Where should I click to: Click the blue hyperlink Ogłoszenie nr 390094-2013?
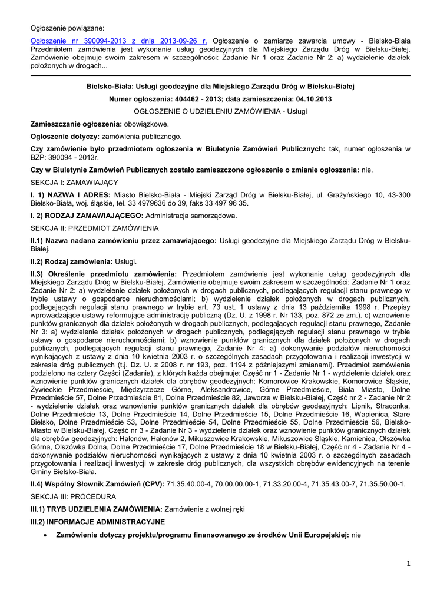(118, 41)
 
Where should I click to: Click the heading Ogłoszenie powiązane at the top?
(67, 28)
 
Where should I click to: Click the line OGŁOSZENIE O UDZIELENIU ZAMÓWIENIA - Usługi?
(220, 111)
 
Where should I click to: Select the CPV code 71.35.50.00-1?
(380, 484)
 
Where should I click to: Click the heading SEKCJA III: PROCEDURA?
(74, 496)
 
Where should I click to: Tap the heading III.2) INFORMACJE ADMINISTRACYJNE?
(98, 522)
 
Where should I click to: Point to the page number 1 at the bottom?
(408, 564)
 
